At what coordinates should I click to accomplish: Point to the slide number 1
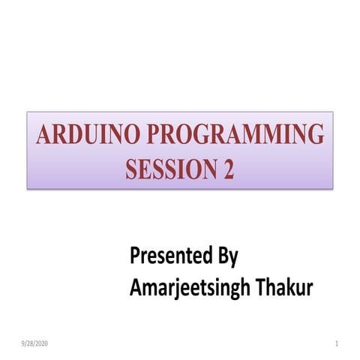click(338, 343)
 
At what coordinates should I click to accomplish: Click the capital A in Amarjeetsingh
click(136, 287)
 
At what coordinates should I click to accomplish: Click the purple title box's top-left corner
click(28, 112)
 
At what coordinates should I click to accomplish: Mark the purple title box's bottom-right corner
click(332, 187)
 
